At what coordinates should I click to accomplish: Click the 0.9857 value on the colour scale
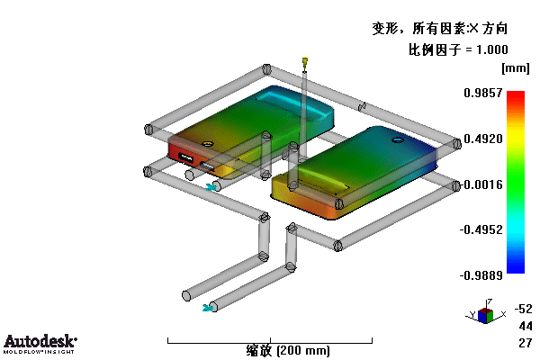[x=482, y=93]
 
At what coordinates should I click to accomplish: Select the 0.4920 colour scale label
[x=482, y=139]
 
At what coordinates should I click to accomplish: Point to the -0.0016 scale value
[x=481, y=184]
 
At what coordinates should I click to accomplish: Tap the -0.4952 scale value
[x=481, y=229]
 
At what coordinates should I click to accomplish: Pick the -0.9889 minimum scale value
[x=481, y=275]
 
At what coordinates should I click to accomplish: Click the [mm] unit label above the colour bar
[x=515, y=68]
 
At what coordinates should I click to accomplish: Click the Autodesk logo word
[x=40, y=341]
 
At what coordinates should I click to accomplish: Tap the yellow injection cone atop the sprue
[x=305, y=62]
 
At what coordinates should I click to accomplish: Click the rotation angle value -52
[x=523, y=309]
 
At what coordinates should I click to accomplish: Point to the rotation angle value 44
[x=526, y=326]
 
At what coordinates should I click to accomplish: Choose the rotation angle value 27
[x=526, y=343]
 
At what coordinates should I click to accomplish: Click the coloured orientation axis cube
[x=486, y=315]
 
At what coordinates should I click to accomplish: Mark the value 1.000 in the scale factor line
[x=492, y=49]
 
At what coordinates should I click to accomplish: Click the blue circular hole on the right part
[x=398, y=139]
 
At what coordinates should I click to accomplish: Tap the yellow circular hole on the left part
[x=207, y=143]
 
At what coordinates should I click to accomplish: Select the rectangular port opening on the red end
[x=186, y=157]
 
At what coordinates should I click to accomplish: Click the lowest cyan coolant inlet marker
[x=207, y=308]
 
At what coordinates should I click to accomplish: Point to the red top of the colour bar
[x=516, y=95]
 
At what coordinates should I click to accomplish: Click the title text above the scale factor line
[x=440, y=28]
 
